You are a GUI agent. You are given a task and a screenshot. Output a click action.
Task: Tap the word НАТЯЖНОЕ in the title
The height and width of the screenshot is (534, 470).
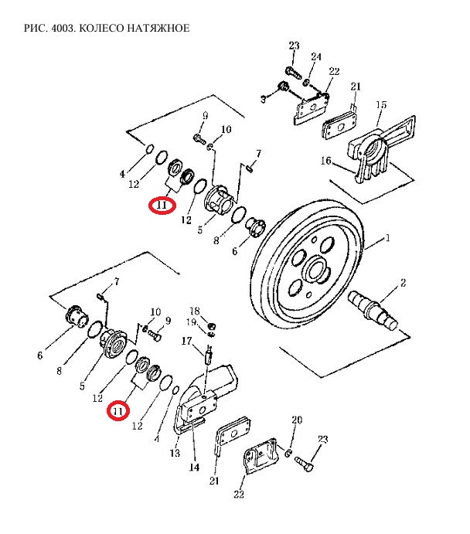point(160,29)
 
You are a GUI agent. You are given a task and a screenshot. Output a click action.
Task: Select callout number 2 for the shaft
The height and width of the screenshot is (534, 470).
point(402,285)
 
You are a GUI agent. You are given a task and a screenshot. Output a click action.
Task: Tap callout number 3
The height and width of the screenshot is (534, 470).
point(263,100)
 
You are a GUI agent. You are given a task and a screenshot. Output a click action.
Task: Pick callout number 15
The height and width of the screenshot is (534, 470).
point(381,104)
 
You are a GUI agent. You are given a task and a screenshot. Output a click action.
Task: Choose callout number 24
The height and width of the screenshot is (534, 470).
point(316,57)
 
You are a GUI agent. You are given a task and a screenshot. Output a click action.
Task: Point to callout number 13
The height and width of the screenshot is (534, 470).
point(175,453)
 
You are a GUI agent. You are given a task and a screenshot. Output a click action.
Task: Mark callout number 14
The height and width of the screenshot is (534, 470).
point(193,468)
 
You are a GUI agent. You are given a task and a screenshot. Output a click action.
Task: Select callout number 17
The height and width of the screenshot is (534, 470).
point(186,340)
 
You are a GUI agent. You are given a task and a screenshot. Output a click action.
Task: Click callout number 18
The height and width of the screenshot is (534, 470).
point(195,310)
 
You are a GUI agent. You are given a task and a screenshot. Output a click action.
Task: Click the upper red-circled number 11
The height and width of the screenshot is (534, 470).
point(162,206)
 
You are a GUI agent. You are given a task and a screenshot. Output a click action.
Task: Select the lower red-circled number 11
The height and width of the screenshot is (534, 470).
point(117,412)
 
